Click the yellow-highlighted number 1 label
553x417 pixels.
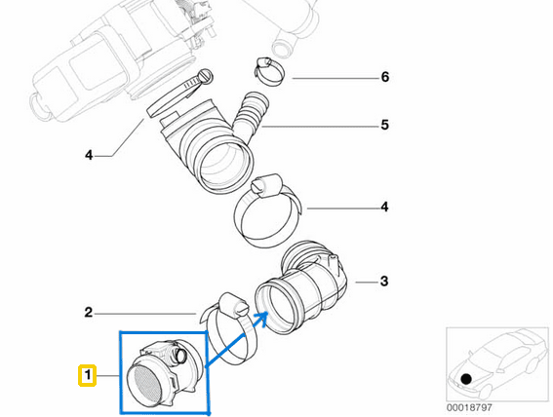tap(87, 374)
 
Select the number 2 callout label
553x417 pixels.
tap(88, 313)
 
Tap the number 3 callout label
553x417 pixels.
tap(383, 282)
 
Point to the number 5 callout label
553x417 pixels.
tap(384, 125)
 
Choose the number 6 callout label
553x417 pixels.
tap(384, 77)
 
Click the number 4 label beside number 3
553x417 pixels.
tap(384, 207)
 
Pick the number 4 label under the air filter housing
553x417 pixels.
tap(88, 155)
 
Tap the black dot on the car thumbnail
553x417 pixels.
tap(467, 378)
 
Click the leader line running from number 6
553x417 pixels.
tap(332, 77)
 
